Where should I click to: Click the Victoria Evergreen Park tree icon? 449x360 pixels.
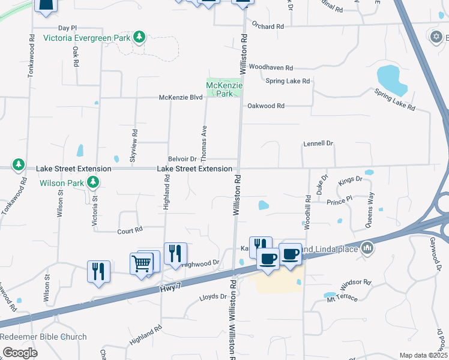pos(139,38)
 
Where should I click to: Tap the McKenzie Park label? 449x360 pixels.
pos(223,89)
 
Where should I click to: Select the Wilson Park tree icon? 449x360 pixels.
pos(92,182)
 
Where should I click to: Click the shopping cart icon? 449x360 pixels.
pos(141,263)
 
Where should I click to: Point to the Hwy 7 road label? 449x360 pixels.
pos(170,289)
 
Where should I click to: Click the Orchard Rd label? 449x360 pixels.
pos(268,26)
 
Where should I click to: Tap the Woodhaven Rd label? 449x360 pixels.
pos(271,68)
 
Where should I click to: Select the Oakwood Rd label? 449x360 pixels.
pos(266,106)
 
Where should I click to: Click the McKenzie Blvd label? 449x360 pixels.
pos(181,97)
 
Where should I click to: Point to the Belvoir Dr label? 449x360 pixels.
pos(182,159)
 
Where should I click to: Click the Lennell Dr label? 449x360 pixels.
pos(318,143)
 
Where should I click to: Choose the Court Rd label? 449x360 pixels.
pos(130,230)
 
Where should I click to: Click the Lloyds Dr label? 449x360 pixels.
pos(215,296)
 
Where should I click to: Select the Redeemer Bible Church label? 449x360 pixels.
pos(43,337)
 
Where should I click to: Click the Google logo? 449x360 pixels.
pos(20,353)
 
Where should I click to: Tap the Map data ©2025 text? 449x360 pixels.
pos(423,355)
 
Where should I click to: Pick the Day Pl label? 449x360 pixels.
pos(68,28)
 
